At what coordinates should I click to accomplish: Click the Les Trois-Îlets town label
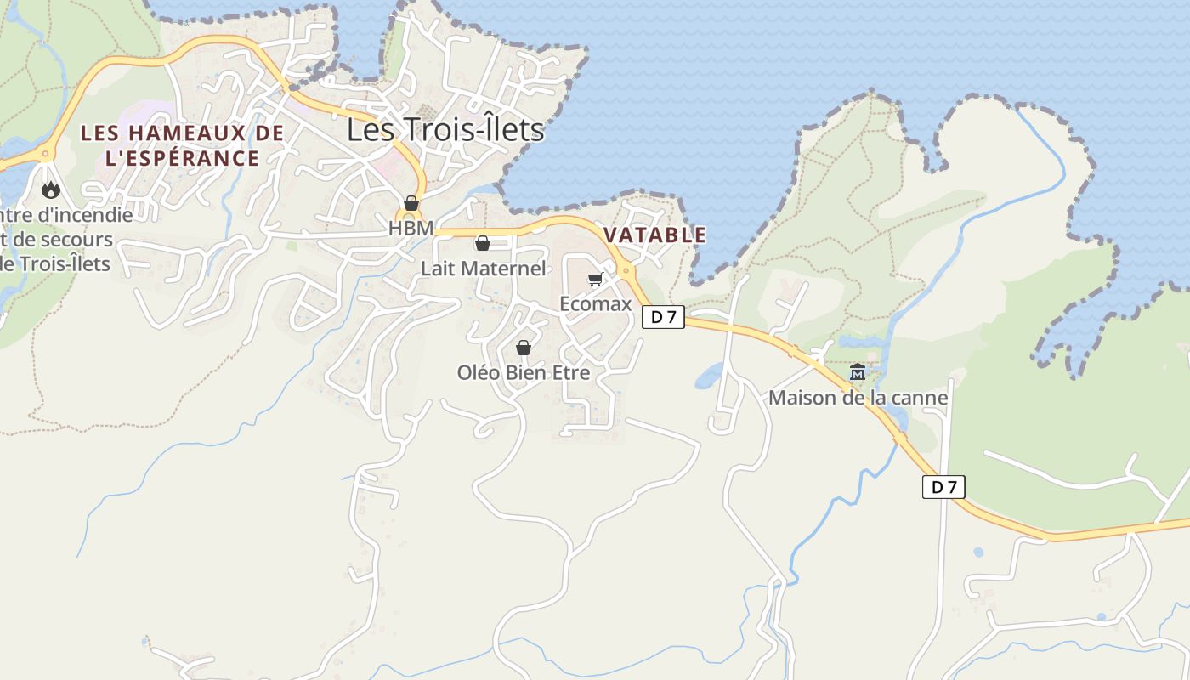coord(445,130)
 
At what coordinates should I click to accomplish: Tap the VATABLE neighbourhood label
coord(654,235)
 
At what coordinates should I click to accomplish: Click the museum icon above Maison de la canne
coord(858,372)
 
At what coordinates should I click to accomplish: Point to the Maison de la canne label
coord(858,397)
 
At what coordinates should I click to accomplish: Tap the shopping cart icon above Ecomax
coord(595,280)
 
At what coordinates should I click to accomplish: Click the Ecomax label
coord(595,303)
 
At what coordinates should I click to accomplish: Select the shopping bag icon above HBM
coord(411,203)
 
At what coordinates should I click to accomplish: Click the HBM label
coord(411,228)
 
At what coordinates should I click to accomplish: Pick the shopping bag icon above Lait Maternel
coord(483,244)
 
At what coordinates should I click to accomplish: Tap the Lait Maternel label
coord(483,269)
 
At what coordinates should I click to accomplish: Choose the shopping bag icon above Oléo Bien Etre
coord(524,348)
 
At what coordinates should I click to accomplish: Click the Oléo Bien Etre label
coord(524,372)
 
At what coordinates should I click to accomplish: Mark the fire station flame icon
coord(51,190)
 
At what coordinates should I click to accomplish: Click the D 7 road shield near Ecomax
coord(663,318)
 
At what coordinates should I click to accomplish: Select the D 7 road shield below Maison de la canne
coord(943,487)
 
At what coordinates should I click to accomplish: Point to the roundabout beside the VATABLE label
coord(626,270)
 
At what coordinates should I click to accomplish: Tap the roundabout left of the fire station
coord(44,154)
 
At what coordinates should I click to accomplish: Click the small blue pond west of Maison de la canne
coord(708,376)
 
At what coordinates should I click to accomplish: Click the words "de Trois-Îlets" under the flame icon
coord(56,263)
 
